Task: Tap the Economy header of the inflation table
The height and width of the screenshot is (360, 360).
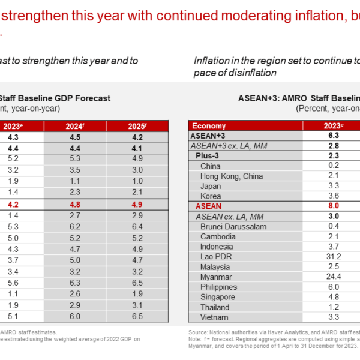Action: tap(209, 126)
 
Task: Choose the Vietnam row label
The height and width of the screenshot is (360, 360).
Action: tap(214, 317)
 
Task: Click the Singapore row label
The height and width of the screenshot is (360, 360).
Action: tap(218, 296)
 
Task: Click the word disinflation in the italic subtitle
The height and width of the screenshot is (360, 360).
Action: tap(255, 73)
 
